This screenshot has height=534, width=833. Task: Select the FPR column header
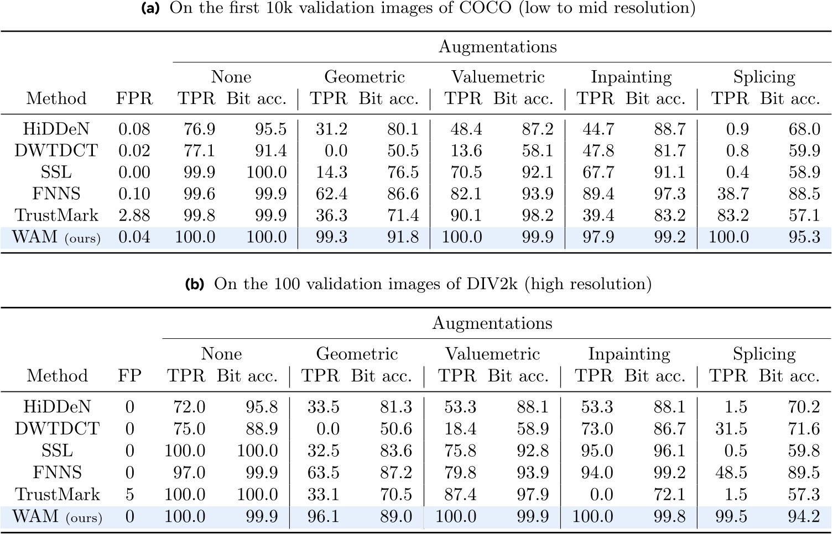click(134, 99)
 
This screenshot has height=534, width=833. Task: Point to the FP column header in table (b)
click(129, 376)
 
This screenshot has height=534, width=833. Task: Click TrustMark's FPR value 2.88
click(134, 216)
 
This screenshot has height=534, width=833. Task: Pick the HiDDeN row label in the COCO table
click(56, 129)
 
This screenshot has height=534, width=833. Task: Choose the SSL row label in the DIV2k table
click(57, 451)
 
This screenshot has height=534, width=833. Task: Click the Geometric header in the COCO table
click(364, 77)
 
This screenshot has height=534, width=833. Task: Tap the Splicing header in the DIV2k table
click(764, 354)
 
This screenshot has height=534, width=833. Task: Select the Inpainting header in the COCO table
click(631, 77)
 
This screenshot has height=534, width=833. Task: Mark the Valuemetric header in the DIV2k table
click(492, 354)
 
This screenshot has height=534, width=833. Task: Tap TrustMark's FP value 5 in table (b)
click(129, 494)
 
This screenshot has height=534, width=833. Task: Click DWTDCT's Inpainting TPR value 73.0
click(596, 429)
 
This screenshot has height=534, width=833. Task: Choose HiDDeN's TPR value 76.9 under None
click(199, 129)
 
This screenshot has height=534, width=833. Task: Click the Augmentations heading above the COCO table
click(497, 47)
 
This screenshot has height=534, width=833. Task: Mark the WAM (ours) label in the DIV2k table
click(57, 516)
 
